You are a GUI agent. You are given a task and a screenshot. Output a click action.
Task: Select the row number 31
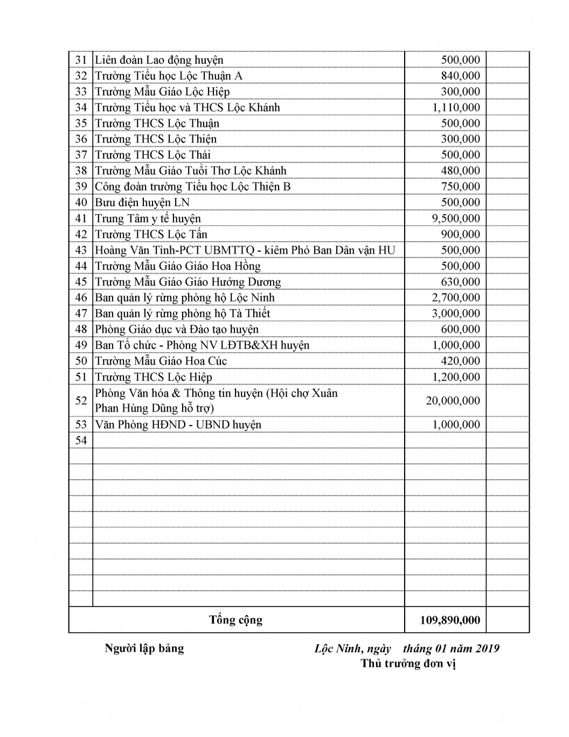[x=81, y=60]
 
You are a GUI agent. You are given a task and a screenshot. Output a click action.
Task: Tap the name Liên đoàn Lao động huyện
[x=159, y=60]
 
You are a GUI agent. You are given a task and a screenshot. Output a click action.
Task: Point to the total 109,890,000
[x=450, y=620]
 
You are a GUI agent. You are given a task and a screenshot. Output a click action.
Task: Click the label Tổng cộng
[x=236, y=620]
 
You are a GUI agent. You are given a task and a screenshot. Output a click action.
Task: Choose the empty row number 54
[x=81, y=440]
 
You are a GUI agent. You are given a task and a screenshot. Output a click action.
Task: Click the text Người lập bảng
[x=144, y=649]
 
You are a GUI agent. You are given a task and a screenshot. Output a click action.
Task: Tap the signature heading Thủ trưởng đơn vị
[x=408, y=664]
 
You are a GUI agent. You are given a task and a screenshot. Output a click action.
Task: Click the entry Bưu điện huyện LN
[x=142, y=202]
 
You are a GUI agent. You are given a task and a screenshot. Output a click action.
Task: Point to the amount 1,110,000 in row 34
[x=456, y=107]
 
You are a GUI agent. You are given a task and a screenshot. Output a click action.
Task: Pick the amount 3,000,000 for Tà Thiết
[x=456, y=313]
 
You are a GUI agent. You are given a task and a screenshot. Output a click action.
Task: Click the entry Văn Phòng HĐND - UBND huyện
[x=178, y=425]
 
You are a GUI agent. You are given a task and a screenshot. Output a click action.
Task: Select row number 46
[x=81, y=298]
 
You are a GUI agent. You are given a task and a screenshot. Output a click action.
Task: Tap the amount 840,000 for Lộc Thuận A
[x=460, y=76]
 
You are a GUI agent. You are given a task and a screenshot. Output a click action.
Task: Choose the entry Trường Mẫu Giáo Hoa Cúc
[x=161, y=361]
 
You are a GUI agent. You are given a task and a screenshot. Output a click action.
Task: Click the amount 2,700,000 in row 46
[x=456, y=298]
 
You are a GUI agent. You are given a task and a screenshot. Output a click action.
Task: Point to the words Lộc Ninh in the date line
[x=338, y=649]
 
